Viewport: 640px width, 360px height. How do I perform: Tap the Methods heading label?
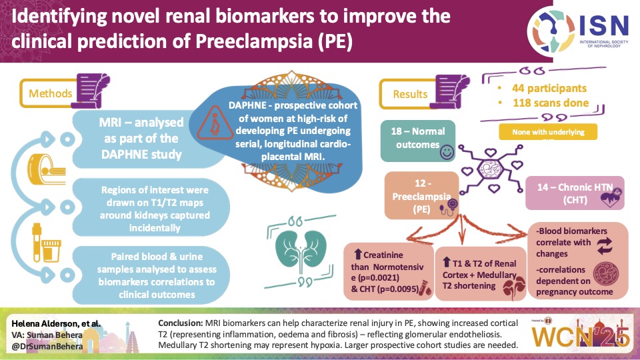pyautogui.click(x=51, y=94)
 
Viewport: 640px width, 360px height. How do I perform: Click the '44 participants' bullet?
pyautogui.click(x=549, y=88)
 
